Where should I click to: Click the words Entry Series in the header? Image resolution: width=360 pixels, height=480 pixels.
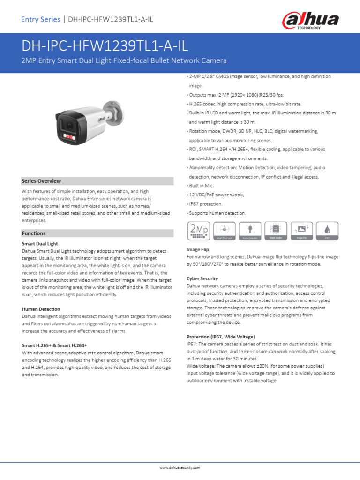[x=41, y=19]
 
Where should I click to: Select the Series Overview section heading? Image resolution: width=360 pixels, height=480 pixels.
[x=41, y=181]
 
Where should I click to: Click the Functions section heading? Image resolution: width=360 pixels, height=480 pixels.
[x=34, y=233]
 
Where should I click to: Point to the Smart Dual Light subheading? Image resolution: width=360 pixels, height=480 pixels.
[x=40, y=244]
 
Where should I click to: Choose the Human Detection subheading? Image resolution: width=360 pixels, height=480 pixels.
[x=41, y=309]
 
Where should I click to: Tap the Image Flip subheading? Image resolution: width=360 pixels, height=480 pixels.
[x=198, y=250]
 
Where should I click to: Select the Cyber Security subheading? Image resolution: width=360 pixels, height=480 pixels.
[x=202, y=278]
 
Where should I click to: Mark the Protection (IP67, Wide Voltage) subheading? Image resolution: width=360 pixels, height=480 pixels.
[x=220, y=337]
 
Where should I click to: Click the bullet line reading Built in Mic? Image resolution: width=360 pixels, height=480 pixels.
[x=202, y=186]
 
